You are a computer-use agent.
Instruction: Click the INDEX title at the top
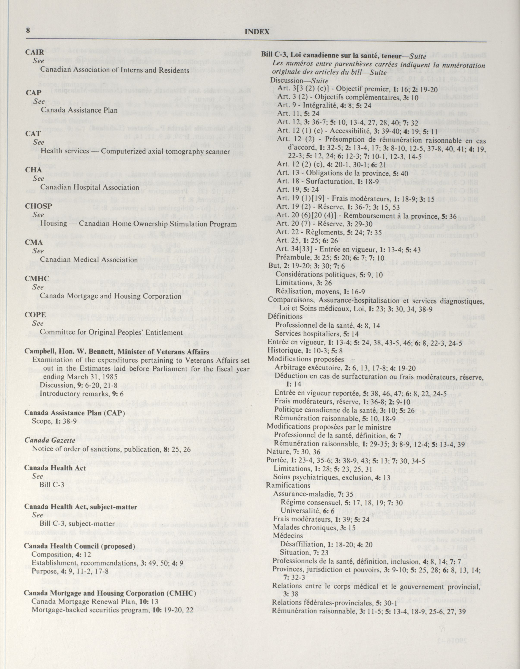coord(257,31)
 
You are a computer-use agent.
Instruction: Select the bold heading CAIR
coord(35,52)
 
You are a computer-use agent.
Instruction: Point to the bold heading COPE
coord(35,315)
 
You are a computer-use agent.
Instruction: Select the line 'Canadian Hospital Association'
coord(90,187)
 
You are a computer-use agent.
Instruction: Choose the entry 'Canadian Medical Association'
coord(89,259)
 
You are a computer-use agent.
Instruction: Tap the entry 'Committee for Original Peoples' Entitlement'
coord(112,332)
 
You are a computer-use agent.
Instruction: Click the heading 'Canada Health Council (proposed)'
coord(79,546)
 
